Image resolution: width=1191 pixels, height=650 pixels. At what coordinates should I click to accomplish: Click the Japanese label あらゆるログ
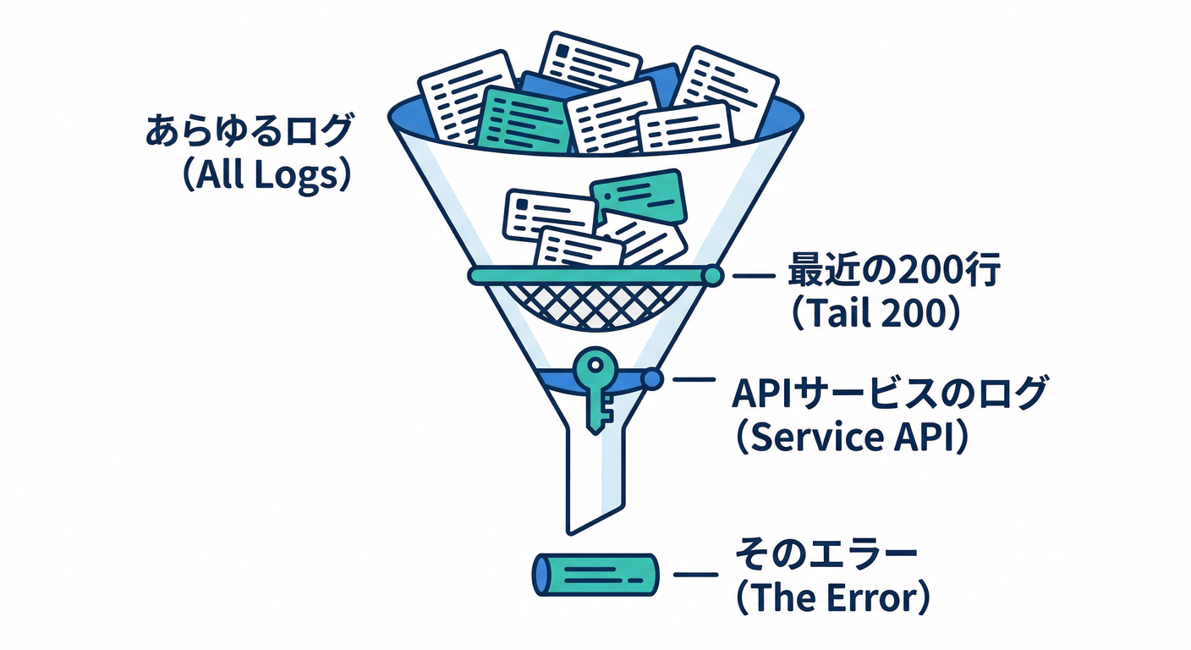(x=248, y=133)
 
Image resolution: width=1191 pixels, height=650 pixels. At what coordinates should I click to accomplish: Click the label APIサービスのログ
(x=890, y=395)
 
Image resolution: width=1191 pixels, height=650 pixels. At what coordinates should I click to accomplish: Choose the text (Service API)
(x=849, y=438)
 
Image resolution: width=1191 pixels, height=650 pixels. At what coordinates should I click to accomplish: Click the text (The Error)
(x=832, y=598)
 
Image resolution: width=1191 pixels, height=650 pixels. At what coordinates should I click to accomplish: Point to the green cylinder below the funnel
(x=595, y=576)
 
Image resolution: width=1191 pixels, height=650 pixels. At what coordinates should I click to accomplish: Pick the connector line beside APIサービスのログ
(x=693, y=380)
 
